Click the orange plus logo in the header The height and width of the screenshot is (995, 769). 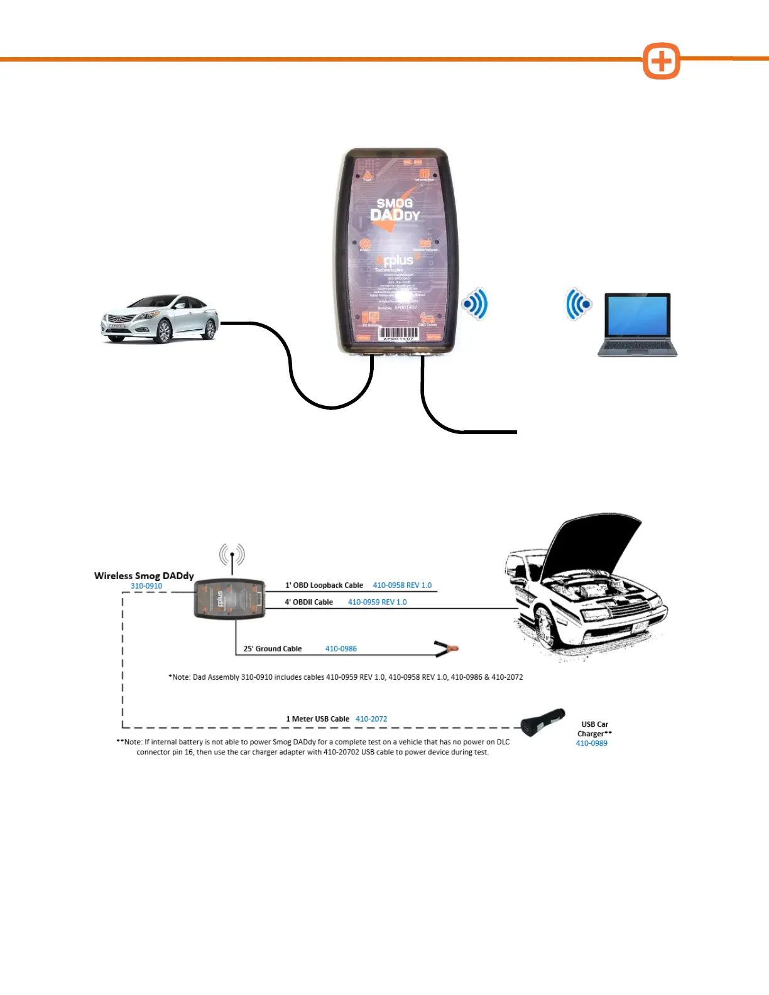(x=661, y=62)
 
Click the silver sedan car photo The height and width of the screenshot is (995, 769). (x=160, y=319)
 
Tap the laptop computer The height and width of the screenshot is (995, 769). (x=637, y=325)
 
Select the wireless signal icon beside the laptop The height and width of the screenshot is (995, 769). (x=579, y=305)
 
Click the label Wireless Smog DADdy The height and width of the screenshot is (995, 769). (x=144, y=575)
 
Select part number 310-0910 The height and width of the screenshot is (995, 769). (x=146, y=586)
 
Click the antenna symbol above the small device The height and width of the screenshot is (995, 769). (x=232, y=555)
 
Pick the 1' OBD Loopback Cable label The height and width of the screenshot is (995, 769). (x=324, y=585)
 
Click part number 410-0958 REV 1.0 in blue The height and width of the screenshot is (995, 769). (x=402, y=585)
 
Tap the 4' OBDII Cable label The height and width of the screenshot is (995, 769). (x=308, y=602)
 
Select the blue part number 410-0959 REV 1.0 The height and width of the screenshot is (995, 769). (x=377, y=602)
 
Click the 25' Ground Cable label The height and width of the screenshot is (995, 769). (x=273, y=649)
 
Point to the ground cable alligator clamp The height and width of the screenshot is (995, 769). (x=446, y=648)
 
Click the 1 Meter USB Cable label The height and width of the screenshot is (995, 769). (x=317, y=719)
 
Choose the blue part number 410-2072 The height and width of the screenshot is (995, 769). (x=371, y=719)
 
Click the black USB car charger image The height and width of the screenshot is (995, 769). (x=542, y=722)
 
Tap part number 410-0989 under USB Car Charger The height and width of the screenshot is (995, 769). (x=592, y=743)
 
